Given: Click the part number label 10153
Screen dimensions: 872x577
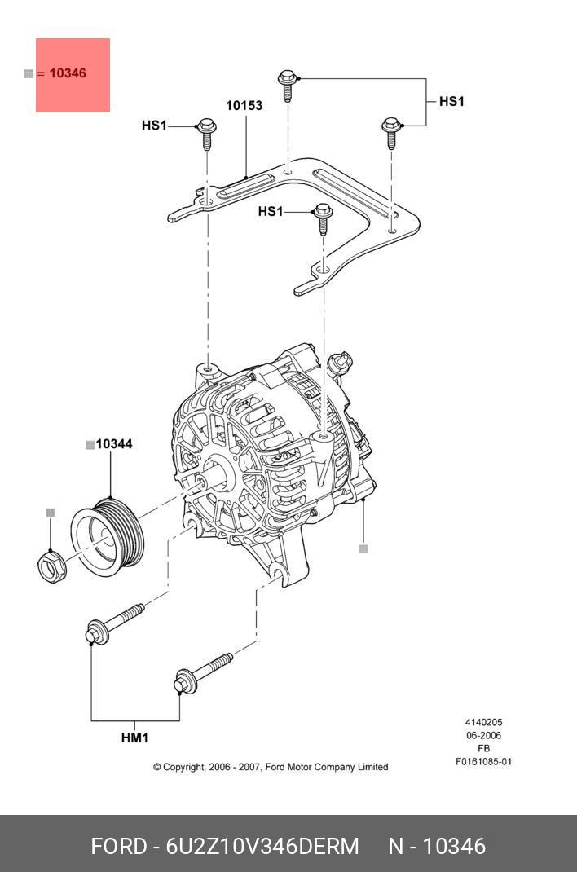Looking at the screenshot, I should [x=244, y=105].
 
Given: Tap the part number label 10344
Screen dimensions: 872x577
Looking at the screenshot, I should [x=113, y=444].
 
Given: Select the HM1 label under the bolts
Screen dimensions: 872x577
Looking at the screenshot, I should [x=134, y=738].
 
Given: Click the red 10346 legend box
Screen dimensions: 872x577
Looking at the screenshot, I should [x=73, y=74].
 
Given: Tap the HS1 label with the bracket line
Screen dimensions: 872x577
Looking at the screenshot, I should [x=451, y=102].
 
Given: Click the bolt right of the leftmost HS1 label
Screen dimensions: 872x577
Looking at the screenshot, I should [x=205, y=133].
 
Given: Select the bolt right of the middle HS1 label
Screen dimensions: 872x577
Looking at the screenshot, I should [x=323, y=218].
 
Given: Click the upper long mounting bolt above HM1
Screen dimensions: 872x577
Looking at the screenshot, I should [x=114, y=623].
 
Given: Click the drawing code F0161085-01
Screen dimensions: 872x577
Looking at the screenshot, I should [x=483, y=762].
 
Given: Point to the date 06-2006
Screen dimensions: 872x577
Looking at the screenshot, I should [x=483, y=736].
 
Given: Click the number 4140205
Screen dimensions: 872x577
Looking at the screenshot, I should [x=483, y=723].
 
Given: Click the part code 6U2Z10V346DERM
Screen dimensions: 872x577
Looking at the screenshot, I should [x=262, y=846].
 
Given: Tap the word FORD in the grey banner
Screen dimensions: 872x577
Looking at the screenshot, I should [x=117, y=846].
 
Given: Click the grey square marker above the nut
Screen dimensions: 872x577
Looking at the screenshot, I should [x=51, y=513].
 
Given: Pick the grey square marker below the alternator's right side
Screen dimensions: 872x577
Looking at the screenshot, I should [x=363, y=549].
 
